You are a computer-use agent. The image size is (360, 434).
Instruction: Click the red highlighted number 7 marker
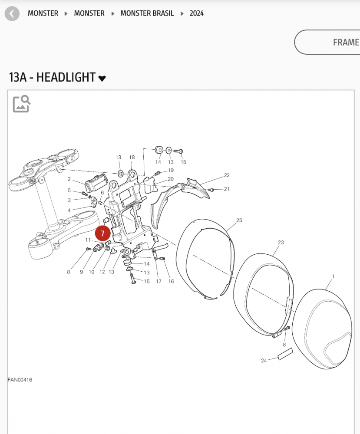pos(103,233)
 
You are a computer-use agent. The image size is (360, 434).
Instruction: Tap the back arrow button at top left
pos(12,13)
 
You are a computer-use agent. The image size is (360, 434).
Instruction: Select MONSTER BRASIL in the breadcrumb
pos(147,13)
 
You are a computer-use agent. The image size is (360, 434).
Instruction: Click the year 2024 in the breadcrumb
pos(196,13)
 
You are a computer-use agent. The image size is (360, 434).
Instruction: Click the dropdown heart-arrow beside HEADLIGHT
pos(102,79)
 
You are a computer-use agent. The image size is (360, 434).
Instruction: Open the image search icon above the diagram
pos(21,104)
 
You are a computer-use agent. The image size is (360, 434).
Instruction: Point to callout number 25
pos(239,220)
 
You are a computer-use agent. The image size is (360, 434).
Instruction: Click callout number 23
pos(281,243)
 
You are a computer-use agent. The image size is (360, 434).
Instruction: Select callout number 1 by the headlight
pos(333,276)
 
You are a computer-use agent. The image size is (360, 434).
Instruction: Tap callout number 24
pos(264,361)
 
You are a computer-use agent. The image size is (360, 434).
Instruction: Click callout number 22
pos(227,175)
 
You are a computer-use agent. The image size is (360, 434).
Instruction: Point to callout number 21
pos(226,189)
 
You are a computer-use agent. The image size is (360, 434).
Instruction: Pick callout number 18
pos(132,157)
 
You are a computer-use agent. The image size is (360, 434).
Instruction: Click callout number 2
pos(69,179)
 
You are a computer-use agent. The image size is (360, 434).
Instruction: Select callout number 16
pos(171,281)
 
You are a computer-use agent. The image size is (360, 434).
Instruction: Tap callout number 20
pos(170,179)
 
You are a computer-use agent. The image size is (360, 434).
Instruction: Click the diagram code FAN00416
pos(20,380)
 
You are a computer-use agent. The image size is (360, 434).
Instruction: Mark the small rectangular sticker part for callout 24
pos(285,354)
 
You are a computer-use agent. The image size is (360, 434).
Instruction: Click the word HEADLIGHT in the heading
pos(66,77)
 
